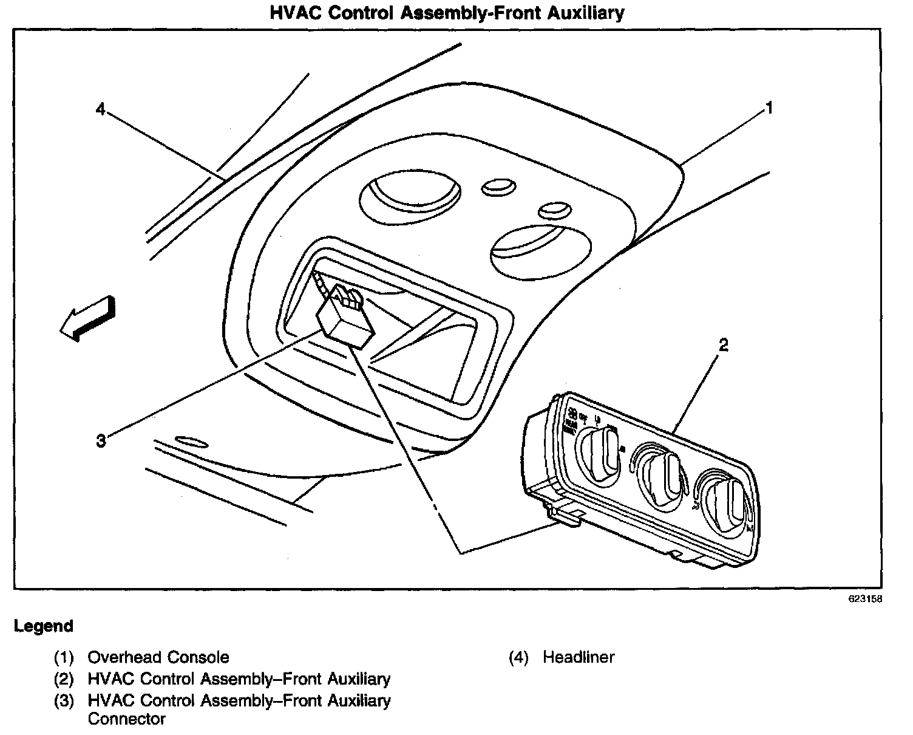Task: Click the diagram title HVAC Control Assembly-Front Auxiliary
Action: [447, 13]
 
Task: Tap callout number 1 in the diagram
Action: [769, 109]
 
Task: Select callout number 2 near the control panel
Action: [723, 346]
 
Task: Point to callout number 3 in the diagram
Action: [101, 440]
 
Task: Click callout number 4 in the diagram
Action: [101, 109]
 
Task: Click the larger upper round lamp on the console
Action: [410, 197]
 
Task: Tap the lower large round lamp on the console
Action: [541, 250]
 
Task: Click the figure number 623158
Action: [865, 598]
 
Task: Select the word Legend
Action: [44, 626]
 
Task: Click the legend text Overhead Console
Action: [158, 657]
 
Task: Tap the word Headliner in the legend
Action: [579, 657]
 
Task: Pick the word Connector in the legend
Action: [126, 719]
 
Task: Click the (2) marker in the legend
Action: [64, 679]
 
